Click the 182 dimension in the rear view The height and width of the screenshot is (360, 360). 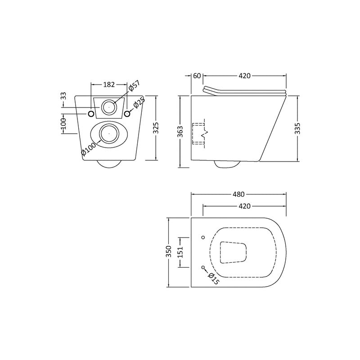109,84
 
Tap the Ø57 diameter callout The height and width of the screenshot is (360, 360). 134,87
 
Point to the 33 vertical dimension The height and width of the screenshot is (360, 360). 63,96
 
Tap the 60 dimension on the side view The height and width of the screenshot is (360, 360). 197,76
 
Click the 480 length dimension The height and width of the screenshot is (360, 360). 238,194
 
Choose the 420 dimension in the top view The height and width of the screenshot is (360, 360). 244,206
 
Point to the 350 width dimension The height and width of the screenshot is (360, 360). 169,252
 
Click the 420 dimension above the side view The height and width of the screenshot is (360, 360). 244,76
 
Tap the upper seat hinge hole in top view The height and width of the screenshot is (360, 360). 203,237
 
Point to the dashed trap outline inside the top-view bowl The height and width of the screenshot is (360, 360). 234,252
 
